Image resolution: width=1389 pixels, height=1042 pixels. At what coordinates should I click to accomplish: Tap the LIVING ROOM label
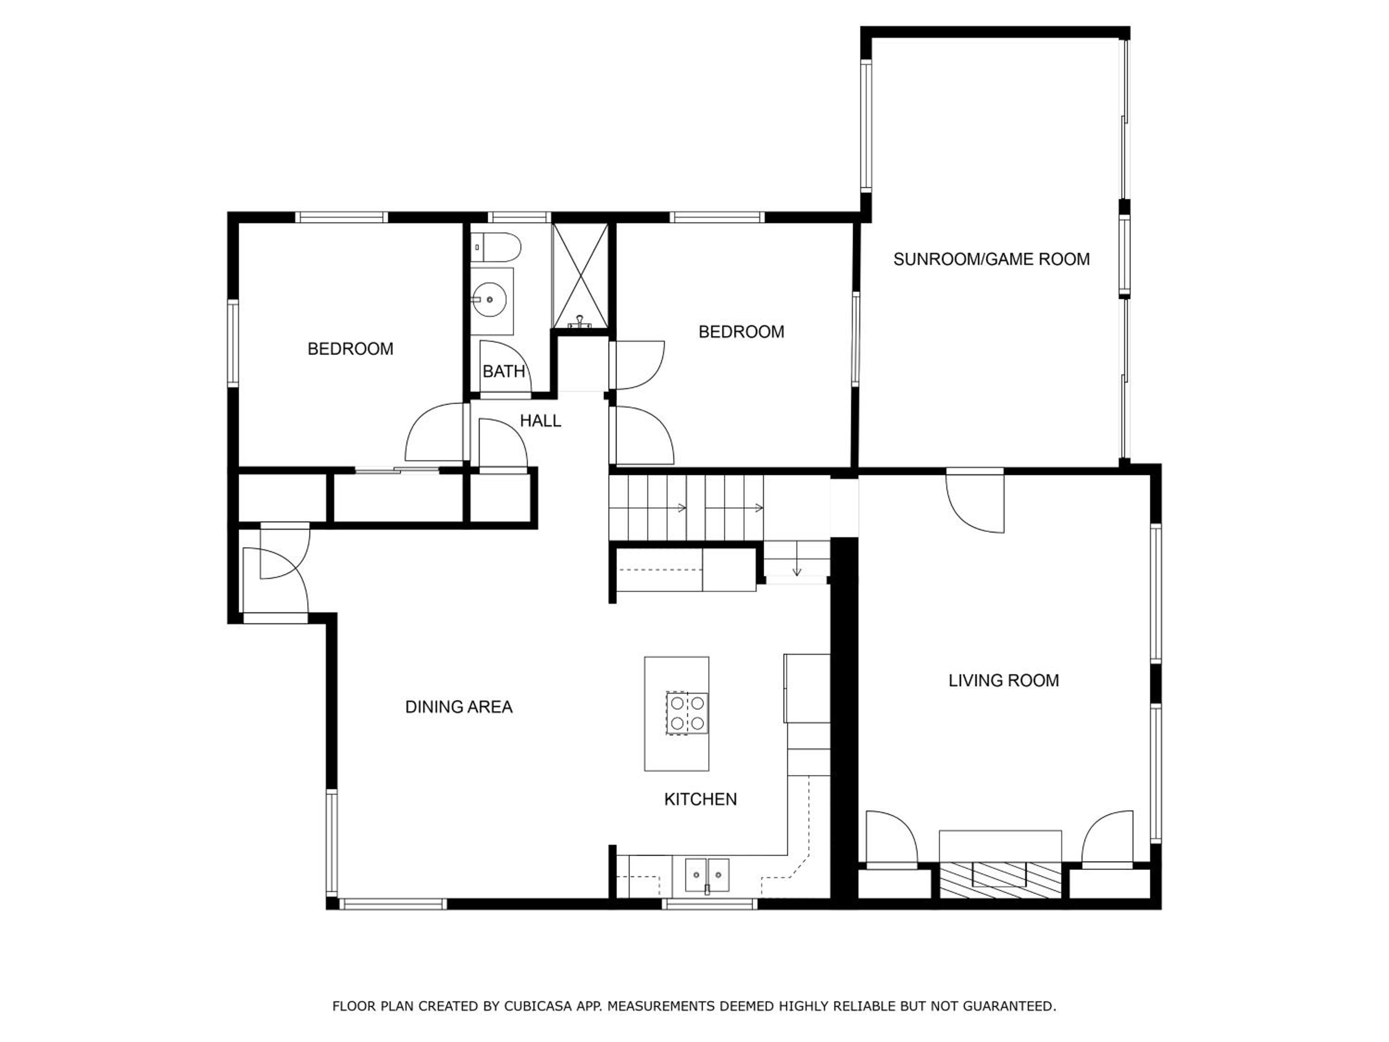[1003, 680]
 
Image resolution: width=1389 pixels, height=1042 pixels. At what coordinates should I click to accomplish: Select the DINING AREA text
[458, 707]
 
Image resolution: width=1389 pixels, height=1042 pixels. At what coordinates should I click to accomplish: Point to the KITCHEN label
[700, 799]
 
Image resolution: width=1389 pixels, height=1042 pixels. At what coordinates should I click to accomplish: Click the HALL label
[540, 421]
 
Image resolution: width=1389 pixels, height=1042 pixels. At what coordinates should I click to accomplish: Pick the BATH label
[504, 372]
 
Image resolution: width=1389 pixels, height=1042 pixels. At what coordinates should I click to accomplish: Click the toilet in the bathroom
[496, 247]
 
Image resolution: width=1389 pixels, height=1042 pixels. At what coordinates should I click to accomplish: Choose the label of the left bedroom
[350, 349]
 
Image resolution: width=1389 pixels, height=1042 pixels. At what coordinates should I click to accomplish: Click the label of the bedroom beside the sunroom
[741, 332]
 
